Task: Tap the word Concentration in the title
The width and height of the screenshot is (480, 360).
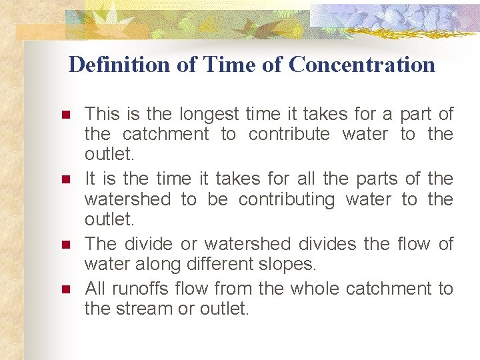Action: point(362,65)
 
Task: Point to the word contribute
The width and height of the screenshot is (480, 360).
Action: point(289,134)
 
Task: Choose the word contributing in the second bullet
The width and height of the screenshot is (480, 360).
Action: point(286,199)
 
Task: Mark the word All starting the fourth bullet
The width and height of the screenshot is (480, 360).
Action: point(96,289)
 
